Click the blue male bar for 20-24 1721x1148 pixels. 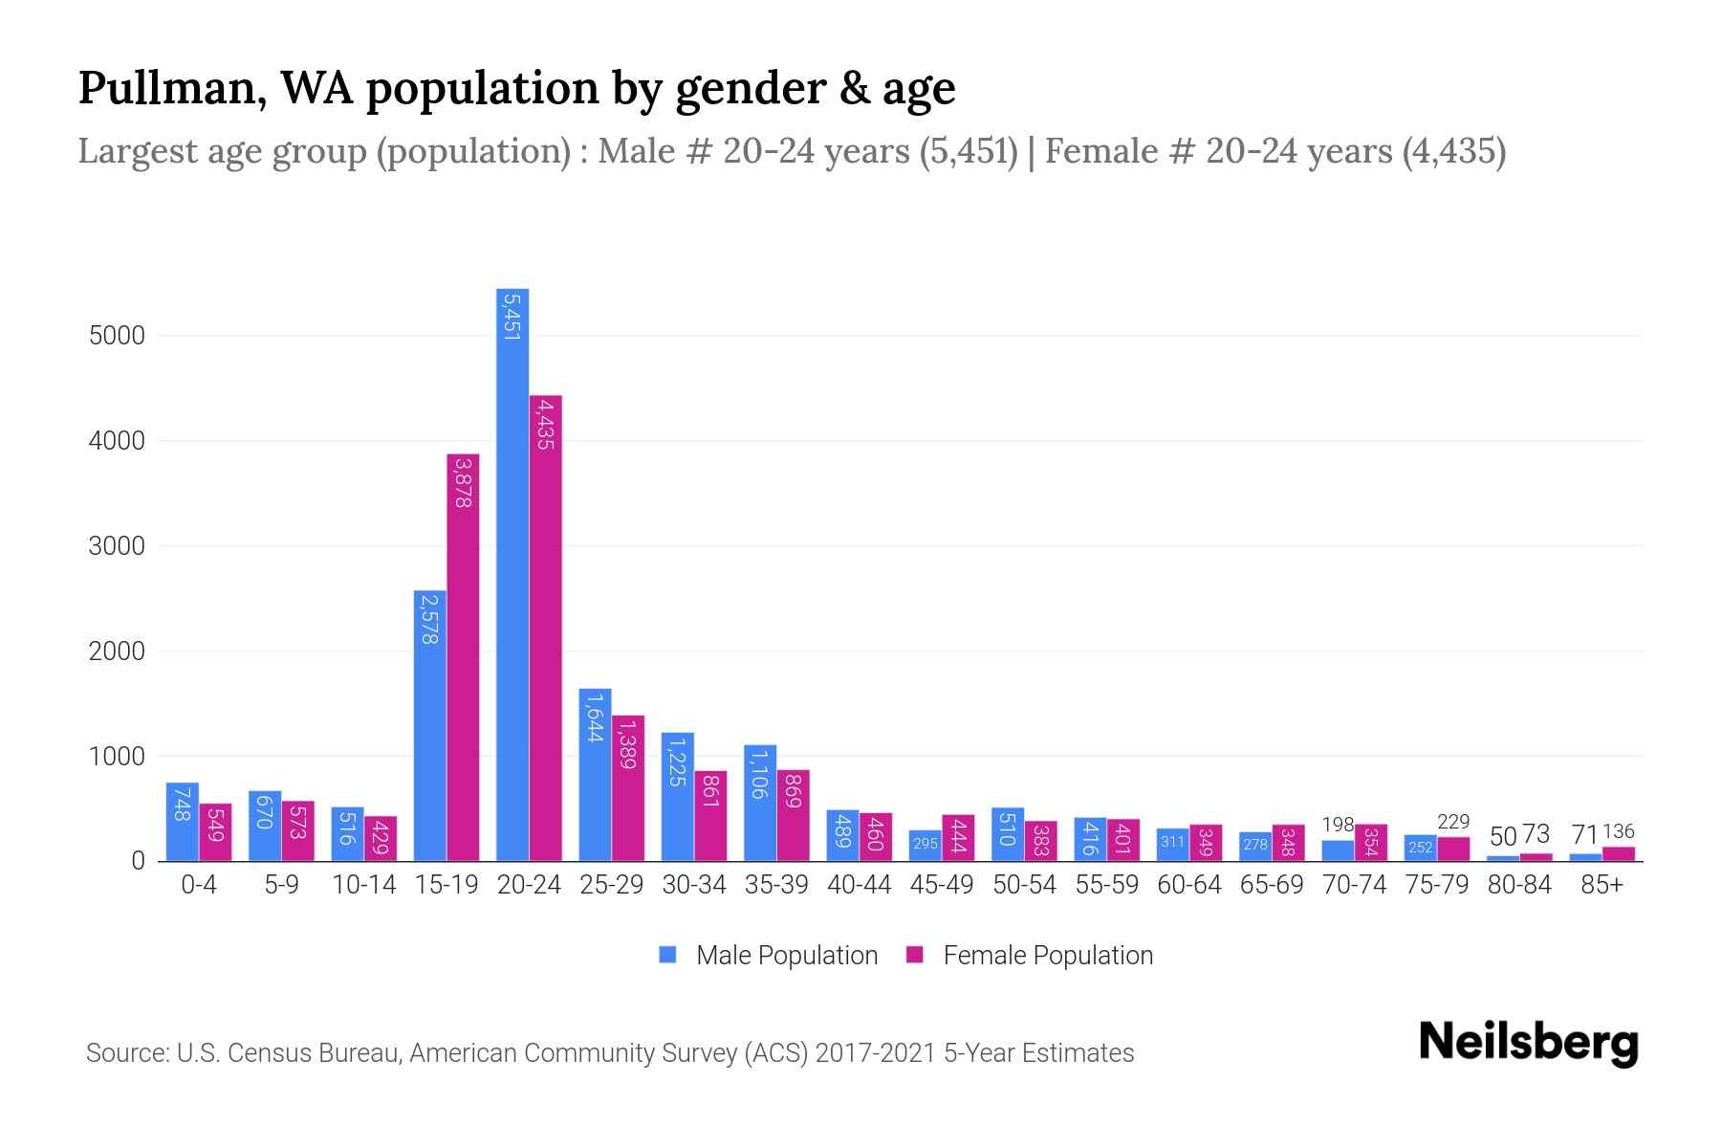pyautogui.click(x=512, y=574)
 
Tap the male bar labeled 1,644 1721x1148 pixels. pyautogui.click(x=595, y=775)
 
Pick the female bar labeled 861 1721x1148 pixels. pyautogui.click(x=710, y=816)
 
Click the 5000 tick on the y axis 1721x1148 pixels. pyautogui.click(x=117, y=336)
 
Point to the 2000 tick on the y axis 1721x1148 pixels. pyautogui.click(x=117, y=651)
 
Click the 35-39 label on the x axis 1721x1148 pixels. pyautogui.click(x=776, y=885)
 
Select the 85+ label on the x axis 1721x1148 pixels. pyautogui.click(x=1601, y=885)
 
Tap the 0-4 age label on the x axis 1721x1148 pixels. pyautogui.click(x=199, y=885)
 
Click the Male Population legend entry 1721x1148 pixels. pyautogui.click(x=786, y=956)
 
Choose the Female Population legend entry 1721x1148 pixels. pyautogui.click(x=1047, y=956)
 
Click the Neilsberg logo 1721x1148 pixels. pyautogui.click(x=1528, y=1043)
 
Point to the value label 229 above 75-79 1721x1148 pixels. pyautogui.click(x=1453, y=822)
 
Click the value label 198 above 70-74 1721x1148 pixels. pyautogui.click(x=1338, y=825)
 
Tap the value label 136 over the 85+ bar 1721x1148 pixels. pyautogui.click(x=1619, y=831)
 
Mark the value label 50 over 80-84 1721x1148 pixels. pyautogui.click(x=1503, y=836)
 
